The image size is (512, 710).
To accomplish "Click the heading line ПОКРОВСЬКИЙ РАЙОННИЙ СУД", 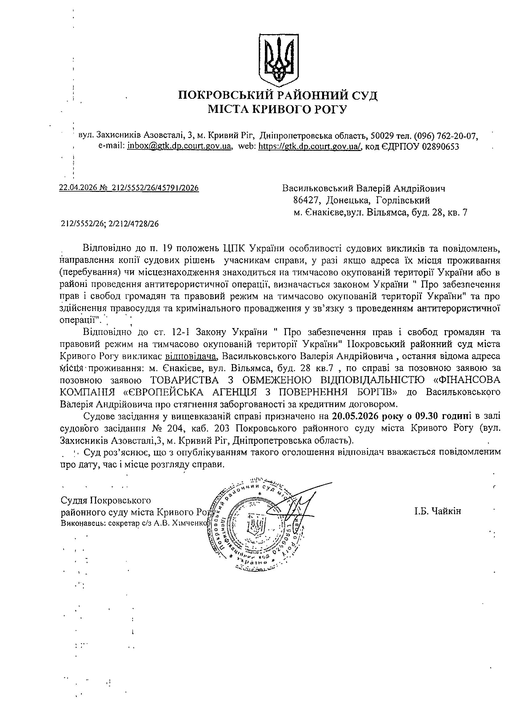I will coord(278,95).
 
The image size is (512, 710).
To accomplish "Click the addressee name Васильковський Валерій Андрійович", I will coord(363,188).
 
